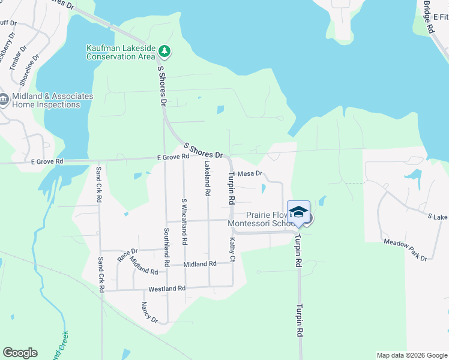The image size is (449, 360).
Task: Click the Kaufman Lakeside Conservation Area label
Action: pyautogui.click(x=121, y=52)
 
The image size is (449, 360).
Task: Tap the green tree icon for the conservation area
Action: pyautogui.click(x=164, y=52)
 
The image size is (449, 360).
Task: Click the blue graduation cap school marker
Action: pyautogui.click(x=298, y=213)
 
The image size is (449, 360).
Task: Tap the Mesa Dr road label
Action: pyautogui.click(x=250, y=173)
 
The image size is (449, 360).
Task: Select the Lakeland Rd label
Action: pyautogui.click(x=207, y=179)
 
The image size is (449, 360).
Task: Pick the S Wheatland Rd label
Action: pyautogui.click(x=184, y=221)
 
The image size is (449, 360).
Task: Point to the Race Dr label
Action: pyautogui.click(x=127, y=255)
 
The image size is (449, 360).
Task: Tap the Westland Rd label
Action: pyautogui.click(x=167, y=289)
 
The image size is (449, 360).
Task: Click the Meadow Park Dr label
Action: pyautogui.click(x=405, y=250)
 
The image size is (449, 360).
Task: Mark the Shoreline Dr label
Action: pyautogui.click(x=29, y=69)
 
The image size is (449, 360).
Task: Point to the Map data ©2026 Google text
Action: pyautogui.click(x=411, y=355)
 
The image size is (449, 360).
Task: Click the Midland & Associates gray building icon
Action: pyautogui.click(x=4, y=100)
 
